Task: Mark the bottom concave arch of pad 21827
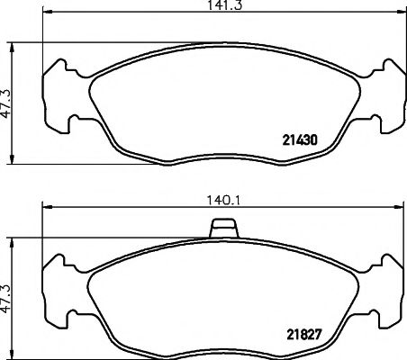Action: pyautogui.click(x=222, y=349)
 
